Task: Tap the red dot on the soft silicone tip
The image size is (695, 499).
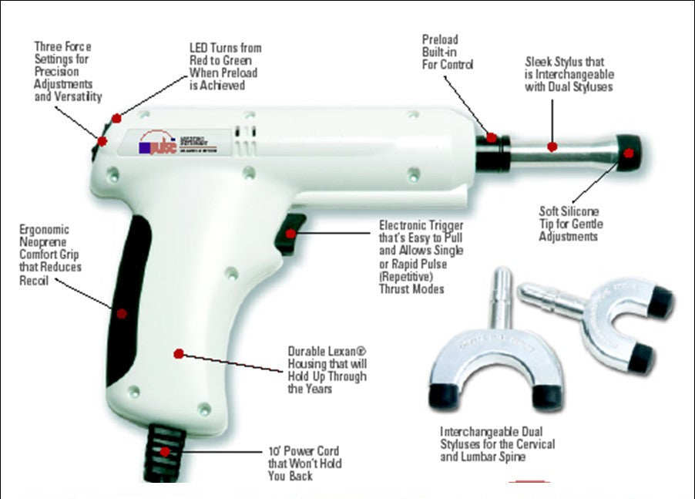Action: pyautogui.click(x=629, y=153)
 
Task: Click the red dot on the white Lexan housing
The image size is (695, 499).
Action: pyautogui.click(x=178, y=354)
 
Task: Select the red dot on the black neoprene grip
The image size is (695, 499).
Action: pyautogui.click(x=121, y=312)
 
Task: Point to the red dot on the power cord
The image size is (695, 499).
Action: pyautogui.click(x=164, y=450)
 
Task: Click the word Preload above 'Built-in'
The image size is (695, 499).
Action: pyautogui.click(x=439, y=39)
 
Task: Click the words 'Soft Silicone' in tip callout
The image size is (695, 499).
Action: pyautogui.click(x=569, y=211)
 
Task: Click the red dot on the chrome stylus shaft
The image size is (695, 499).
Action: pyautogui.click(x=552, y=146)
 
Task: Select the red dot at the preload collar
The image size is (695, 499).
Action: pyautogui.click(x=491, y=138)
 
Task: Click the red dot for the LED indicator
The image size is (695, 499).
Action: pyautogui.click(x=116, y=118)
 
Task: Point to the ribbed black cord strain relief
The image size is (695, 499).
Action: pyautogui.click(x=164, y=443)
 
